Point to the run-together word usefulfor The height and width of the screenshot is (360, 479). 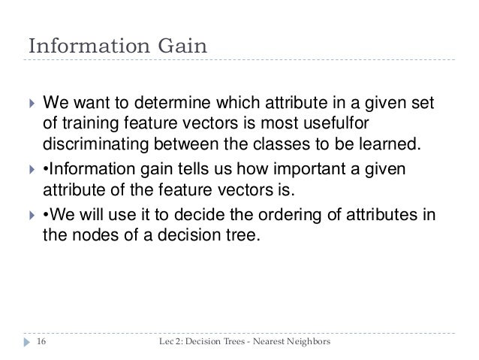tap(336, 123)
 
